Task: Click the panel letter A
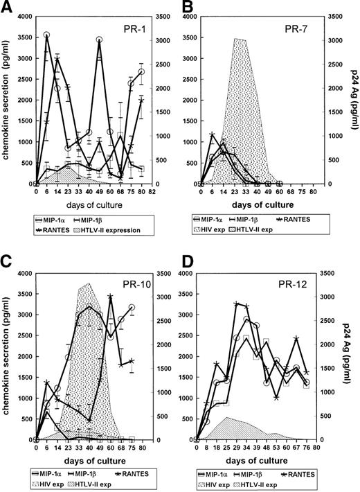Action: pyautogui.click(x=8, y=8)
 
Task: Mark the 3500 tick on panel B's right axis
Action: pyautogui.click(x=332, y=17)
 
